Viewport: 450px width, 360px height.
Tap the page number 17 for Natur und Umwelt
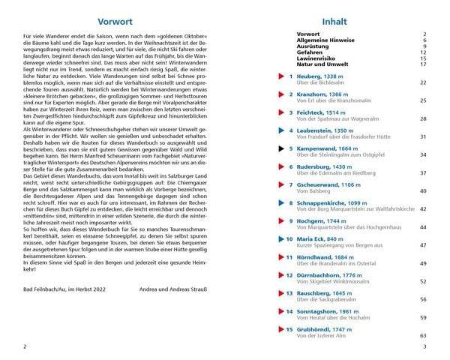pos(423,64)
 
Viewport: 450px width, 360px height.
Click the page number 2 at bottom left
pos(25,346)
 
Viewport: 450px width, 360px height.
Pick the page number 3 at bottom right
pos(424,346)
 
